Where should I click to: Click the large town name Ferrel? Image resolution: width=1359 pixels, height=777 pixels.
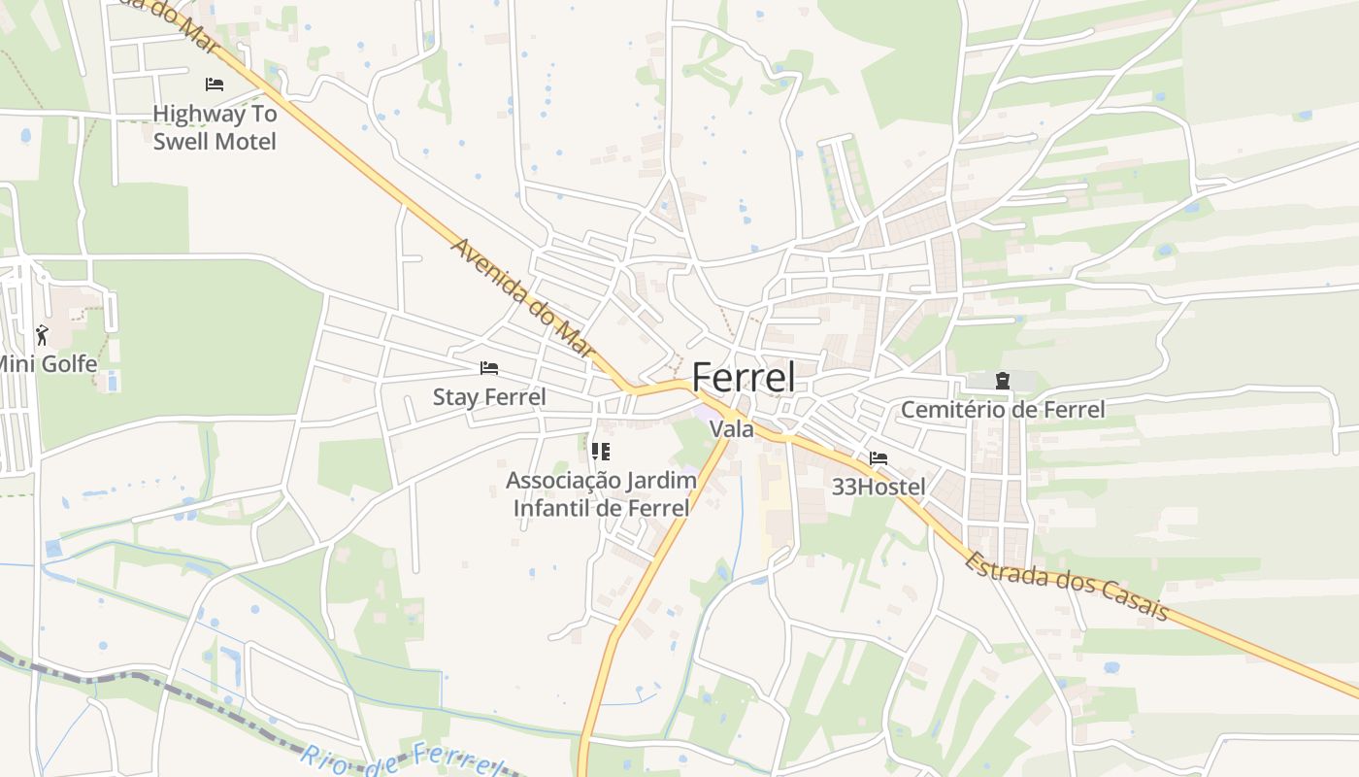point(744,378)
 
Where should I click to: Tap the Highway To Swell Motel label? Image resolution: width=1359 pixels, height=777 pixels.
point(215,127)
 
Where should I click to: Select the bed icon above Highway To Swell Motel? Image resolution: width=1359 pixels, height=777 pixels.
point(215,84)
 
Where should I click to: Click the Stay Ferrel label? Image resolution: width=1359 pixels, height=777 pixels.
point(489,397)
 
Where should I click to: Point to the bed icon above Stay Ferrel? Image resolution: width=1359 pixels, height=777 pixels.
point(489,368)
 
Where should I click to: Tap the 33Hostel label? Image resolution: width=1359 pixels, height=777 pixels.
point(878,487)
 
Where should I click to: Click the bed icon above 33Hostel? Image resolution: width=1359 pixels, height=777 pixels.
point(878,457)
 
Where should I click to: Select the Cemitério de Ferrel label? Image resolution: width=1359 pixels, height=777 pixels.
point(1003,410)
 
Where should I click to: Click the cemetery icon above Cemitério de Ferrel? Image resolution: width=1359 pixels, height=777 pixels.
point(1003,381)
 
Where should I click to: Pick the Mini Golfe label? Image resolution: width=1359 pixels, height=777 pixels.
point(47,364)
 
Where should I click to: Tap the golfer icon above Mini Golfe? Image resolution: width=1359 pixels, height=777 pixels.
point(42,335)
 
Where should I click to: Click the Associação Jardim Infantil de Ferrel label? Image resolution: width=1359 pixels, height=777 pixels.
point(601,493)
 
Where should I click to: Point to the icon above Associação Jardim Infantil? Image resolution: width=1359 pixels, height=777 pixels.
point(601,452)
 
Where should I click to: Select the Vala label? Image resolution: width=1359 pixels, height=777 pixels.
point(732,428)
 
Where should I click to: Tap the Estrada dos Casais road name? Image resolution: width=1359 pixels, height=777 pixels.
point(1067,585)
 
